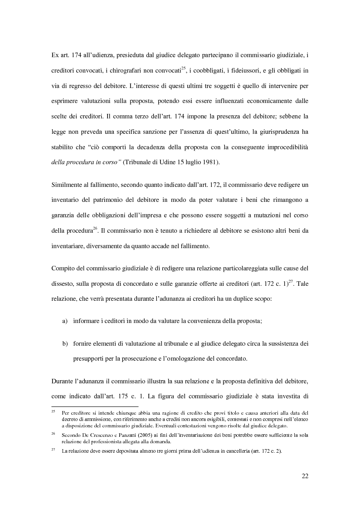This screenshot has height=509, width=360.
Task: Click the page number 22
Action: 305,476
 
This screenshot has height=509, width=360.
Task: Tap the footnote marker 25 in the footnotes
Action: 53,412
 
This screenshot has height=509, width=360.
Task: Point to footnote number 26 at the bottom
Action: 53,433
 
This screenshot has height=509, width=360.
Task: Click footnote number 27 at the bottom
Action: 53,450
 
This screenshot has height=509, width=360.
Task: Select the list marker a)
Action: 65,321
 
